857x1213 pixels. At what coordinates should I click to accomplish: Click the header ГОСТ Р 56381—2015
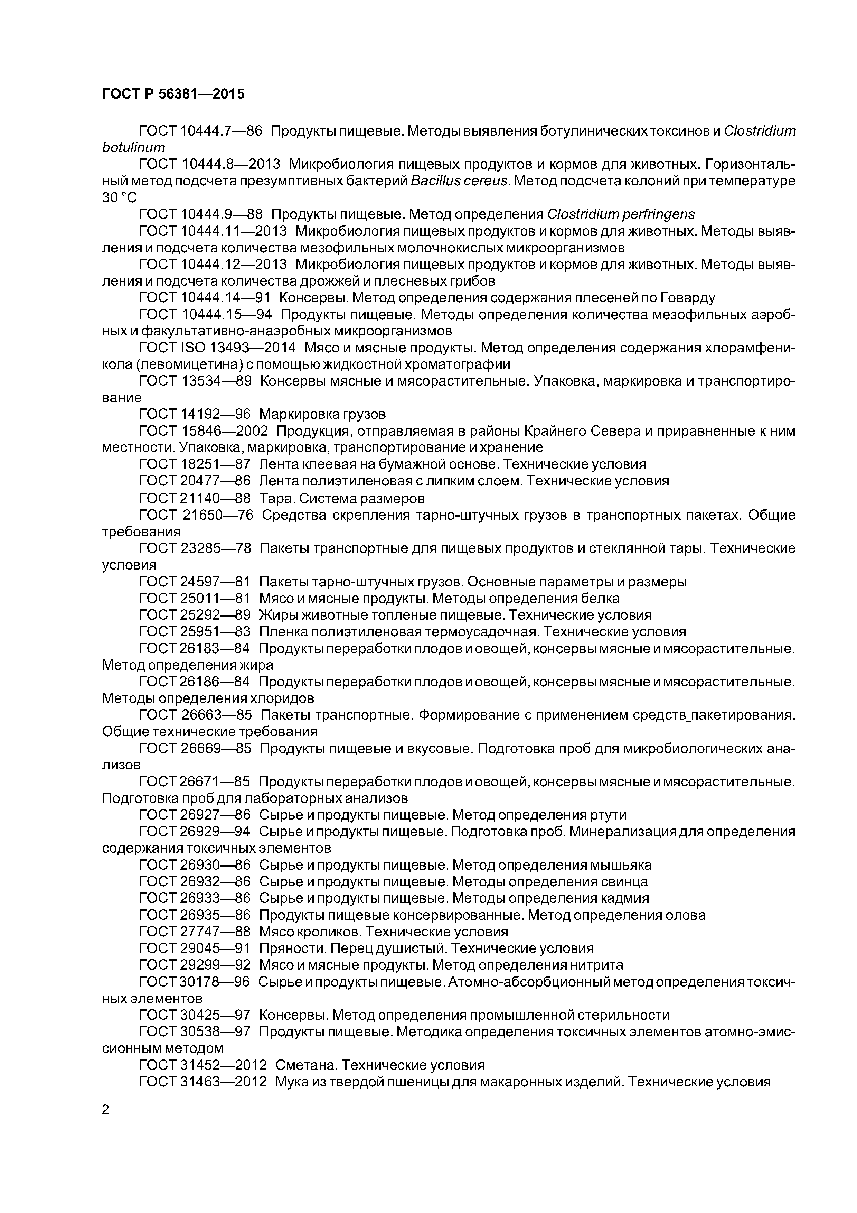click(173, 94)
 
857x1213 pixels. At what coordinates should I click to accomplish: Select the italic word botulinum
click(134, 147)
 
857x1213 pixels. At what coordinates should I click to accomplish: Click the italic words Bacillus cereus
click(459, 181)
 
